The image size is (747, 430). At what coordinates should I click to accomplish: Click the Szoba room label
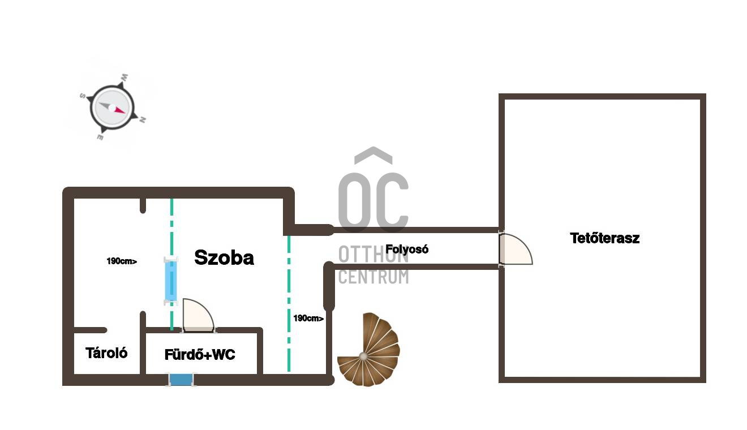[224, 257]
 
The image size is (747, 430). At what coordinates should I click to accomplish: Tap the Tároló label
[106, 353]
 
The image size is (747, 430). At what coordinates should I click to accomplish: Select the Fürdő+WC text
[200, 354]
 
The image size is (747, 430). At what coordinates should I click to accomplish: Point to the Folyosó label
[407, 250]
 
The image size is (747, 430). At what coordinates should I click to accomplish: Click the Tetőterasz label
[604, 238]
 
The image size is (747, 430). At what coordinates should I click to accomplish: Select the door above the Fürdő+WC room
[199, 315]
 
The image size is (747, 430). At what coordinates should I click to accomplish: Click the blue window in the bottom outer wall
[181, 380]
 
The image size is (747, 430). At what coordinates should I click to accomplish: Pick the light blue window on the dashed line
[171, 281]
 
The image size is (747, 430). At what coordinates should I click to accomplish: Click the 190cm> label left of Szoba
[122, 261]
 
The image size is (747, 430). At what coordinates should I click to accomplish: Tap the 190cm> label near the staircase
[308, 319]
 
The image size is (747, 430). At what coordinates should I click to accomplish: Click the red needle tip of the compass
[125, 113]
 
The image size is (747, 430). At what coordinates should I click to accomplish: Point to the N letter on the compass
[143, 120]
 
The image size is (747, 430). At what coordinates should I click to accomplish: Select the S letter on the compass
[83, 96]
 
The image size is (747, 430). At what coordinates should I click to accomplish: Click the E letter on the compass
[100, 137]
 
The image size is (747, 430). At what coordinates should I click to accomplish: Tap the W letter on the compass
[124, 78]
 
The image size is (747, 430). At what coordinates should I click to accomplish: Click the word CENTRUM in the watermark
[373, 277]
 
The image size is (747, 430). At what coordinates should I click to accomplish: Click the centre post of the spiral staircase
[363, 356]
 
